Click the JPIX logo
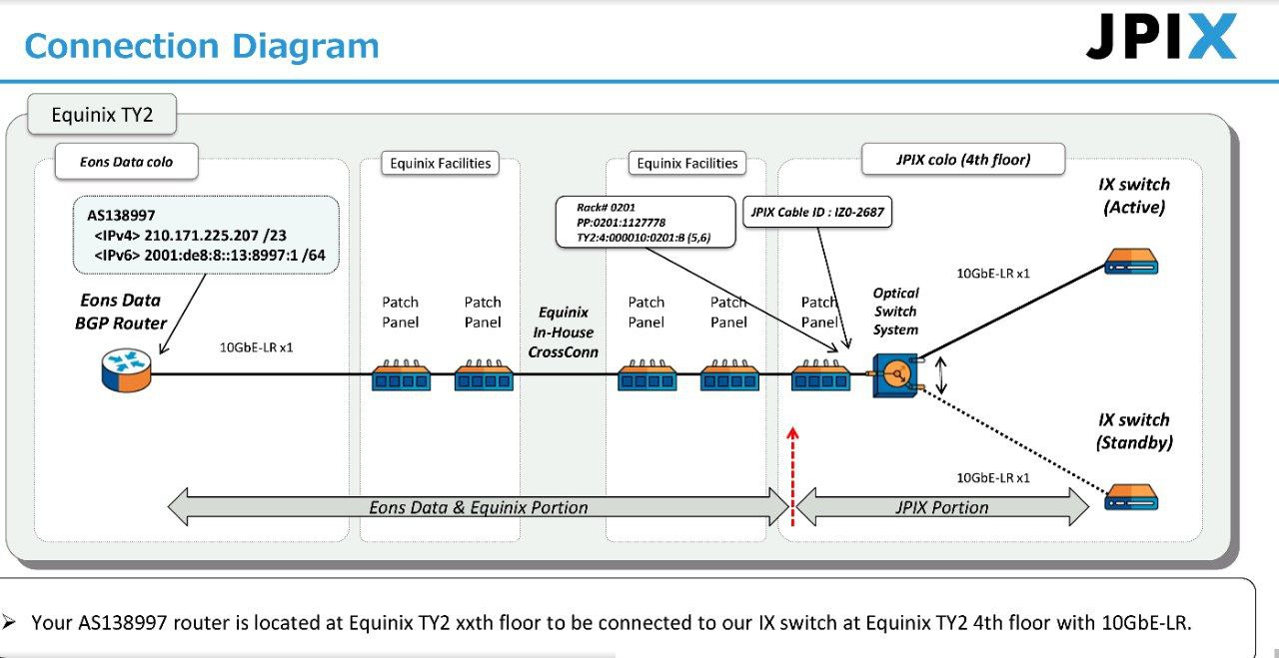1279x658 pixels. pyautogui.click(x=1161, y=36)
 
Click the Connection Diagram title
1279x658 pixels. pyautogui.click(x=202, y=46)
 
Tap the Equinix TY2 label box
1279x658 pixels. pyautogui.click(x=102, y=115)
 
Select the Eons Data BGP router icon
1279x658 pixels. pyautogui.click(x=126, y=370)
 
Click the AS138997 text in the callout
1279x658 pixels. pyautogui.click(x=121, y=215)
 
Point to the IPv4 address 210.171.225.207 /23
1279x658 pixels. pyautogui.click(x=215, y=235)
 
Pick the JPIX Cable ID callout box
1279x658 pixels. pyautogui.click(x=817, y=212)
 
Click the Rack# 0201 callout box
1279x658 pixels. pyautogui.click(x=645, y=222)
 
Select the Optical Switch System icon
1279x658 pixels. pyautogui.click(x=895, y=375)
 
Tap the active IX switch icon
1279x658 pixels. pyautogui.click(x=1131, y=262)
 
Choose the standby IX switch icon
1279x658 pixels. pyautogui.click(x=1131, y=496)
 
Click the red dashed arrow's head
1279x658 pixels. pyautogui.click(x=792, y=433)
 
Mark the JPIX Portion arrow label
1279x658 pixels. pyautogui.click(x=941, y=507)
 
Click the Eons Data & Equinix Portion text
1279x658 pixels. pyautogui.click(x=478, y=507)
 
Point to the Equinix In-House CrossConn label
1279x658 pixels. pyautogui.click(x=563, y=332)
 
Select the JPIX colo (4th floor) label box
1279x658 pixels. pyautogui.click(x=963, y=159)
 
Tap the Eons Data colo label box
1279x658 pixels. pyautogui.click(x=126, y=162)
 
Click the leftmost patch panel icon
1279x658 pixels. pyautogui.click(x=401, y=375)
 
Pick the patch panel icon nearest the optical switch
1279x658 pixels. pyautogui.click(x=820, y=375)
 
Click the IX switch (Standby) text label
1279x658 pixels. pyautogui.click(x=1134, y=431)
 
